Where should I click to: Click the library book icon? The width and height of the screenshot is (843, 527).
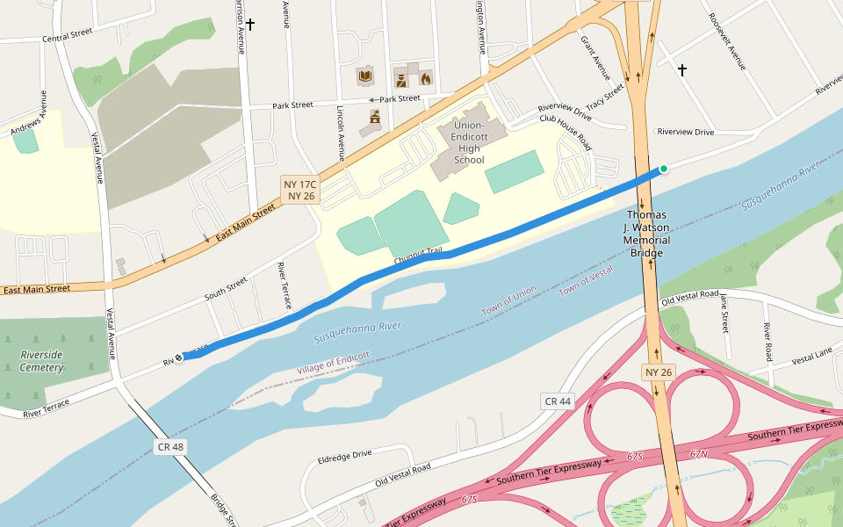point(364,76)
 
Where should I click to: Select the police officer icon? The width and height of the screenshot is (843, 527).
point(400,80)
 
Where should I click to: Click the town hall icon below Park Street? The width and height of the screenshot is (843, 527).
point(375,115)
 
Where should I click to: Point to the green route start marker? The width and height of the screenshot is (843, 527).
point(664,169)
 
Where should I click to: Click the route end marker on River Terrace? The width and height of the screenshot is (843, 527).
point(179,357)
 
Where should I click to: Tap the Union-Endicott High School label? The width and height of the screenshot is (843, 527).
point(470,142)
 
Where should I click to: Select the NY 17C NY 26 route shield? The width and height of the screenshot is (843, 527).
point(299,190)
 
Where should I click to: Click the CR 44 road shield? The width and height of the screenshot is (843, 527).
point(558,401)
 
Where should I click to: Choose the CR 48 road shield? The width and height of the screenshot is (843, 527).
point(170,447)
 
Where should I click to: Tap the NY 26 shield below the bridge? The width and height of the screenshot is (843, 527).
point(659,372)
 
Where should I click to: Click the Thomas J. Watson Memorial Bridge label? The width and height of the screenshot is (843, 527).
point(648,234)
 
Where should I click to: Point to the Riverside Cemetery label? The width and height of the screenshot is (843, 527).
point(42,361)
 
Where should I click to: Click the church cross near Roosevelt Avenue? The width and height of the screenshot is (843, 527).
point(682,69)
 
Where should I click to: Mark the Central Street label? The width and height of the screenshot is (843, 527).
point(68,35)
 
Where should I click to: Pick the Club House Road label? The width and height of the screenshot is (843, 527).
point(566,131)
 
